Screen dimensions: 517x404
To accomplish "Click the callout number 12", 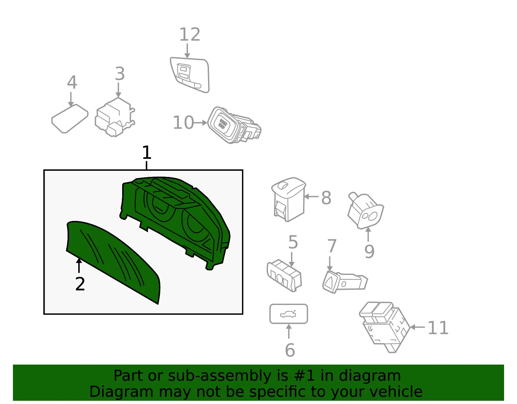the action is [x=190, y=34].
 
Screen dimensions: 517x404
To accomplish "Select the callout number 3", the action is [x=120, y=73].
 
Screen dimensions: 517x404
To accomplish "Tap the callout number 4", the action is [x=72, y=82].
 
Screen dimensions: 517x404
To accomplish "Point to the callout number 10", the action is [x=183, y=123].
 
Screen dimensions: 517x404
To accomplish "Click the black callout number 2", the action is [x=80, y=284].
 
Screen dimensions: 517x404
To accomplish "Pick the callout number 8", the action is [x=326, y=198].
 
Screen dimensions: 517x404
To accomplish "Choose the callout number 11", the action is [x=438, y=328].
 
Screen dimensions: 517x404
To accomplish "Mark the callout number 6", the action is [x=290, y=350].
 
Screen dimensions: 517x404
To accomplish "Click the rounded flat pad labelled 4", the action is [x=70, y=119].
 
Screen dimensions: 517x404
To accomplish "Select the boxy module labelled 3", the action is [x=115, y=117].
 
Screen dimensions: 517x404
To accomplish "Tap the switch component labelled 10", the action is [x=234, y=125].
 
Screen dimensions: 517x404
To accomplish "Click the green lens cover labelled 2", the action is [x=113, y=262].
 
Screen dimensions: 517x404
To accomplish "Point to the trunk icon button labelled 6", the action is [x=289, y=314].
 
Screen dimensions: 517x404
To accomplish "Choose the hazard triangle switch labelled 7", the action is [x=345, y=282].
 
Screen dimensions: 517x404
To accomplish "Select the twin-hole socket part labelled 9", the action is [x=365, y=210].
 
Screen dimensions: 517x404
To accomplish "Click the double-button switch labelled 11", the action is [x=385, y=327].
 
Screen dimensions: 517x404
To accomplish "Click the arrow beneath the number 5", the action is [x=291, y=259].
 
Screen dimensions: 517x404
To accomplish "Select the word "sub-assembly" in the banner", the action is [x=219, y=376].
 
